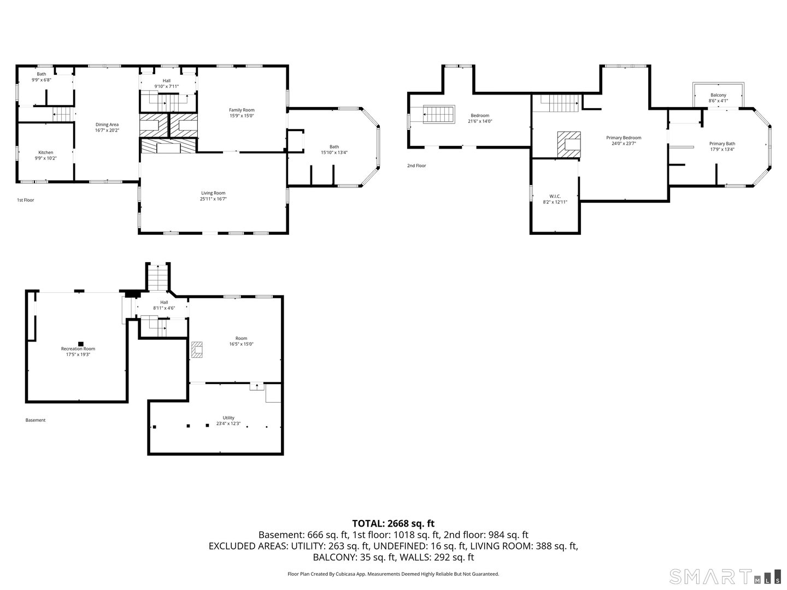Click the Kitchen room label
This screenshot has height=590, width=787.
pos(45,152)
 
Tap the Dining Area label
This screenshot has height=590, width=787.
pos(107,125)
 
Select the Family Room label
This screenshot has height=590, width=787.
pos(242,110)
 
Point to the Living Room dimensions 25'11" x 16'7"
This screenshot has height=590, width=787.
pos(213,199)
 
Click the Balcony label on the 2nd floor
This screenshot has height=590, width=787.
pos(718,95)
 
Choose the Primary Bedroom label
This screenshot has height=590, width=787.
pos(624,138)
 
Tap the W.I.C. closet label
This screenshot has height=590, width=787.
pos(555,196)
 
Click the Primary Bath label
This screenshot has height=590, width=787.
pos(722,144)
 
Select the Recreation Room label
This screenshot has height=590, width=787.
pos(78,349)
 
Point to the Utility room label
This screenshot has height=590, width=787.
pos(228,418)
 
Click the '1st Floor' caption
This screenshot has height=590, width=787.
pos(26,200)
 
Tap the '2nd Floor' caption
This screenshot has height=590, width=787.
pos(416,166)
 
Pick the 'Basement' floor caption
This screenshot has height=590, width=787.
pos(36,420)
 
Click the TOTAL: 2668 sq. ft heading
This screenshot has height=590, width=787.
pos(393,524)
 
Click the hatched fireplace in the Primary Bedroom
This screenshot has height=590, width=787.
pos(568,144)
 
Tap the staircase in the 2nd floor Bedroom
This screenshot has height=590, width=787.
pos(439,115)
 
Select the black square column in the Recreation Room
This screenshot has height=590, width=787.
pos(81,344)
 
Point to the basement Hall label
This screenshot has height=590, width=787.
pos(164,303)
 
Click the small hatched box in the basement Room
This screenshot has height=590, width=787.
pos(197,350)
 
